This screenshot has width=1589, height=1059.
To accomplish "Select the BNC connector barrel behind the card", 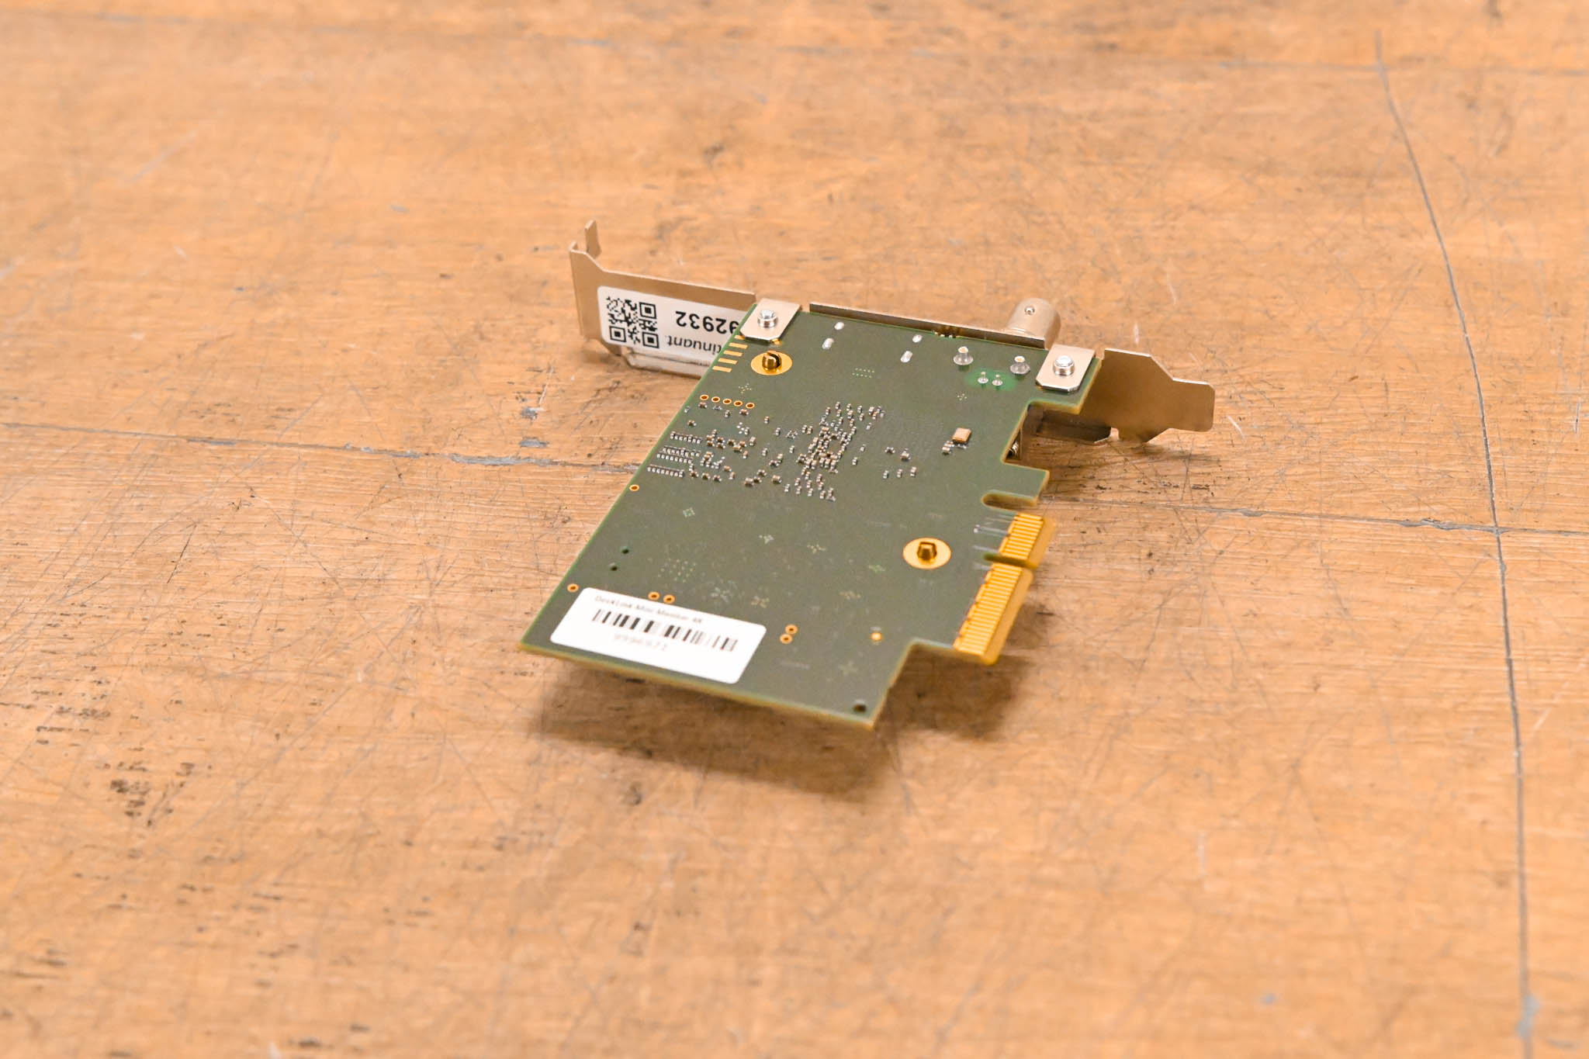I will [x=1032, y=318].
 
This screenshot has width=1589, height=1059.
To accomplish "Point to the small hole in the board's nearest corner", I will [x=859, y=708].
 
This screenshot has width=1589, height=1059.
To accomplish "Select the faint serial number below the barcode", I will [x=639, y=639].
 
